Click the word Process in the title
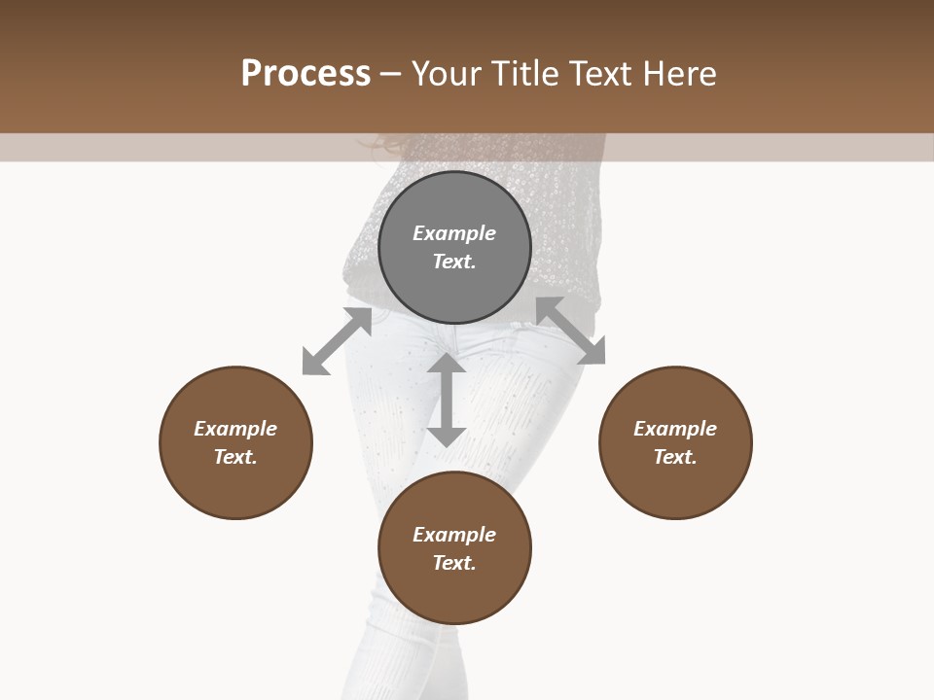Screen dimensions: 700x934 click(x=305, y=74)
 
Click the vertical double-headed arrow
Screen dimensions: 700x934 click(x=447, y=400)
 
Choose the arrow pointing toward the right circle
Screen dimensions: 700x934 click(x=571, y=331)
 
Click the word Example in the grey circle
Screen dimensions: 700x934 click(x=454, y=233)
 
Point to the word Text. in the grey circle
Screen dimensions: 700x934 click(x=454, y=262)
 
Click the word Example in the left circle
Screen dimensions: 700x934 click(x=235, y=429)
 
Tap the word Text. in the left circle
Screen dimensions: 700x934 click(x=235, y=457)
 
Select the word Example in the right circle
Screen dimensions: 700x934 click(x=675, y=429)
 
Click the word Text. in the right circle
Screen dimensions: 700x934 click(x=675, y=457)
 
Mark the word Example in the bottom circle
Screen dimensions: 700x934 click(x=454, y=535)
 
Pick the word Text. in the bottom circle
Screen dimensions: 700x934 click(x=454, y=563)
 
